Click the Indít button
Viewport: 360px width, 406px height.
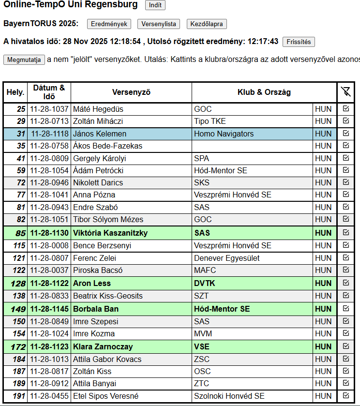(155, 5)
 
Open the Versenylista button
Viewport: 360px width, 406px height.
(158, 24)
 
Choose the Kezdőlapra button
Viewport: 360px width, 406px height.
(207, 24)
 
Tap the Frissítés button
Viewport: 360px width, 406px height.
(299, 42)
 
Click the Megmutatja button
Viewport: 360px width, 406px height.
(24, 60)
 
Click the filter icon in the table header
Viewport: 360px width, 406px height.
(345, 92)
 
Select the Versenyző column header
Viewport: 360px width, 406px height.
(131, 92)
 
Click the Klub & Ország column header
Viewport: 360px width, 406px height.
(264, 92)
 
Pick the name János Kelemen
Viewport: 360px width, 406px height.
(100, 134)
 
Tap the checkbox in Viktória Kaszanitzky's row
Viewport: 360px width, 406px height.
(345, 232)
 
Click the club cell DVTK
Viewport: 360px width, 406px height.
(204, 283)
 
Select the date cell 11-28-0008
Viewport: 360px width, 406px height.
(49, 245)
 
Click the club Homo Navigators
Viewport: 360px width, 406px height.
(224, 134)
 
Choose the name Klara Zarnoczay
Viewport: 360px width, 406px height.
(103, 346)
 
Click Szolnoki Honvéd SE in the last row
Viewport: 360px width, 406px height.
(229, 396)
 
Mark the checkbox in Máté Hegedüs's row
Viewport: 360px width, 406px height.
(345, 108)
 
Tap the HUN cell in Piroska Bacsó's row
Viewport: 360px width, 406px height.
(323, 270)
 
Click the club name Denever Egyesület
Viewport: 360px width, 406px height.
(227, 258)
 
